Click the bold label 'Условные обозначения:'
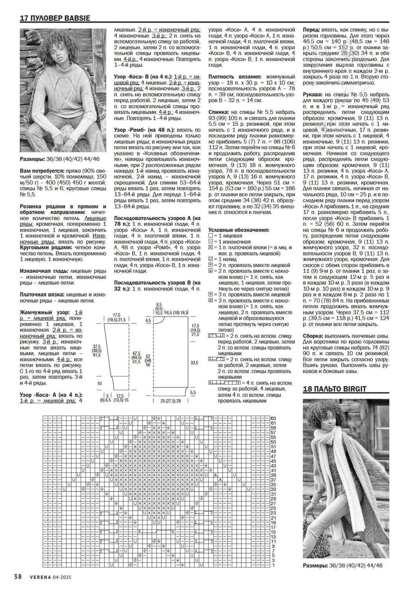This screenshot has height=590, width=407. (239, 230)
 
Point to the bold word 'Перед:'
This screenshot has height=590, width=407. (311, 29)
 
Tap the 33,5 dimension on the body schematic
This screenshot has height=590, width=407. (194, 363)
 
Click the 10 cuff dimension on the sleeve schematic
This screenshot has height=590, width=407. (99, 383)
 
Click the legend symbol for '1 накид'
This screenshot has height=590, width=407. (211, 259)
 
